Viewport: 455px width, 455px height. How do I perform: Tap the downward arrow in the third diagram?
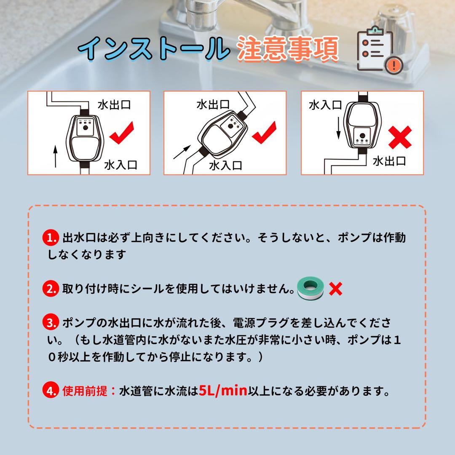(x=337, y=128)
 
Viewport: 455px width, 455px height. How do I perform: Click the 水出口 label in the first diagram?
(x=114, y=104)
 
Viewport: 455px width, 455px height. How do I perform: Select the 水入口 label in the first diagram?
(x=120, y=165)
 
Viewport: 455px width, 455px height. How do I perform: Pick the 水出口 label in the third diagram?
(x=390, y=161)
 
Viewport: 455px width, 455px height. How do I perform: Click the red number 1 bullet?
(x=50, y=238)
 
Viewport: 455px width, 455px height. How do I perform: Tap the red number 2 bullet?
(x=50, y=289)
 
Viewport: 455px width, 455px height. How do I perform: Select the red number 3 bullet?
(x=50, y=323)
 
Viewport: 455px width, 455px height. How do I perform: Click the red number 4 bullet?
(x=50, y=391)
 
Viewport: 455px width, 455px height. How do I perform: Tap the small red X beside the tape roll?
(x=335, y=289)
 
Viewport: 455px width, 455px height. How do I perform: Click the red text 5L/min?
(x=222, y=391)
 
